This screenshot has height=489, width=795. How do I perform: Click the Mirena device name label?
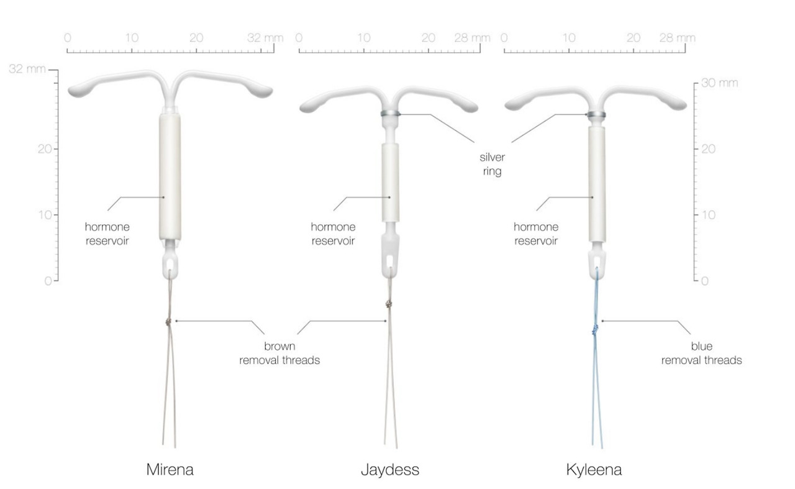170,470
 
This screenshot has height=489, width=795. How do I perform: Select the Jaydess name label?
390,470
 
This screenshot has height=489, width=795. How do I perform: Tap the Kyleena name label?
594,470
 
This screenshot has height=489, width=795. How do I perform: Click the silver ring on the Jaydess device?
391,114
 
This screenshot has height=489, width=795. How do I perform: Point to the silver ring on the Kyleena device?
596,115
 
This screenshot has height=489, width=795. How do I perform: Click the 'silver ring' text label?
493,164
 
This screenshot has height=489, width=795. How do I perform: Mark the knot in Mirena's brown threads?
168,322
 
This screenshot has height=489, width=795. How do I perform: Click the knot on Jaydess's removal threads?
389,304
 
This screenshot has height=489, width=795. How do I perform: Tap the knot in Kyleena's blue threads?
595,329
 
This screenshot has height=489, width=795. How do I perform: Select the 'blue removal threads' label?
701,354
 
